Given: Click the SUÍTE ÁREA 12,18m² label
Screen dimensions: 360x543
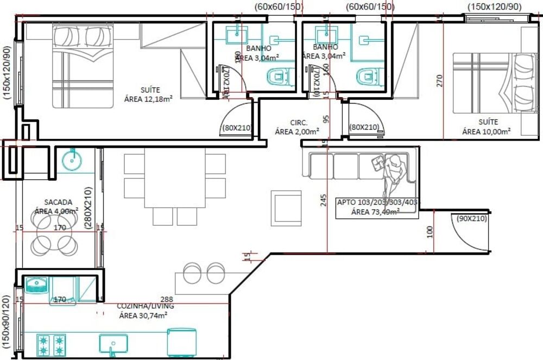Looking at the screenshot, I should tap(148, 94).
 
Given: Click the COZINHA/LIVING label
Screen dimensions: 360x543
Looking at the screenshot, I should tap(145, 311).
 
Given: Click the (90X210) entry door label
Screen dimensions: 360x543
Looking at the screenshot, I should tap(471, 219).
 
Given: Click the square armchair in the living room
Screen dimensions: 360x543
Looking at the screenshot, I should tap(286, 207).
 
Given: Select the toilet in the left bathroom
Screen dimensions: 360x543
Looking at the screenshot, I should tap(280, 77).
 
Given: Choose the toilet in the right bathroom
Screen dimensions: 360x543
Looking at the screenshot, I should tap(369, 77).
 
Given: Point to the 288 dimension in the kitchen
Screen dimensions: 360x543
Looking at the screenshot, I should tap(166, 299).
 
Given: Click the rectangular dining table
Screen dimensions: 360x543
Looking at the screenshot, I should tap(174, 178).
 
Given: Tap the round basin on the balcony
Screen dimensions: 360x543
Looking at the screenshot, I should tap(72, 160).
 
